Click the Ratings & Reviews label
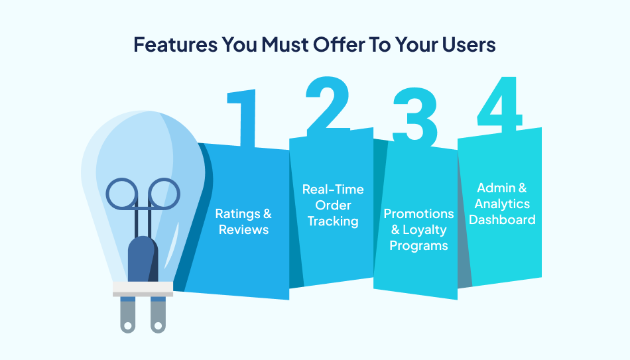click(x=243, y=222)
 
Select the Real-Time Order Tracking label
click(x=333, y=206)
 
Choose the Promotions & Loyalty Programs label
click(x=418, y=230)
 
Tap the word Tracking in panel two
click(x=333, y=221)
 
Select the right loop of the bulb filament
click(x=162, y=193)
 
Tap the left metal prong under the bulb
click(x=127, y=315)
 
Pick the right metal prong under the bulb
click(x=157, y=315)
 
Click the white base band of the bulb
click(x=142, y=289)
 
